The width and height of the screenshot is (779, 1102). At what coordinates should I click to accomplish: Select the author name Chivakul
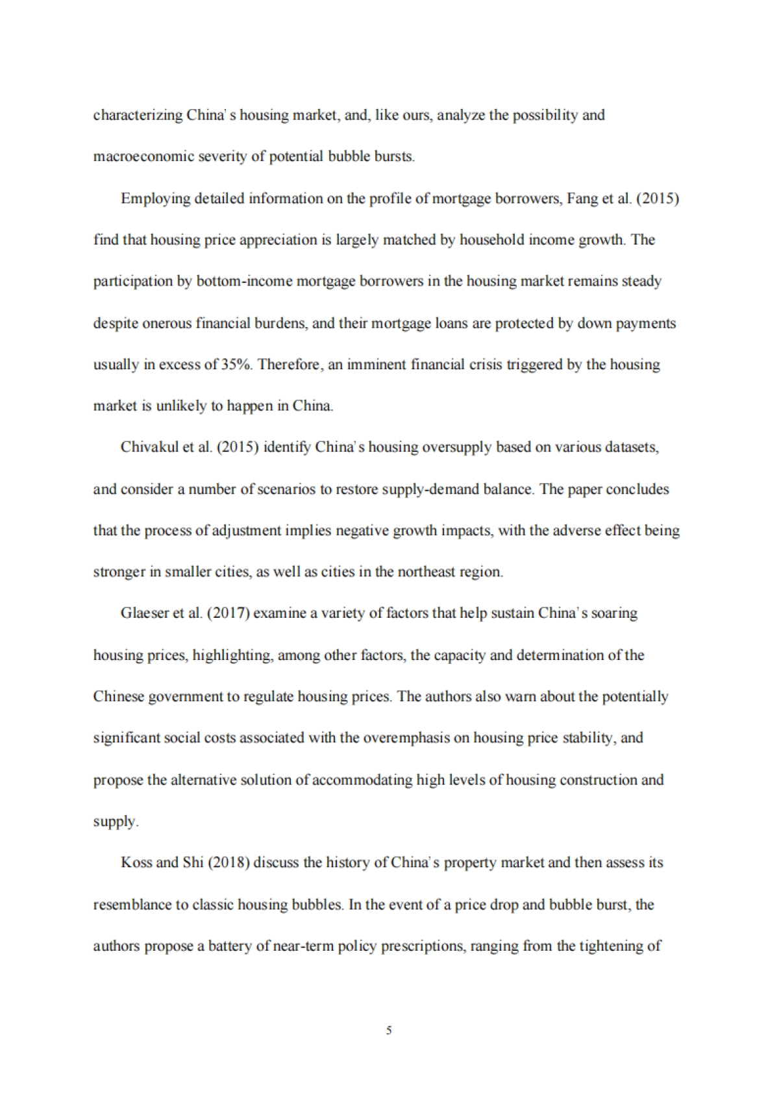(x=149, y=448)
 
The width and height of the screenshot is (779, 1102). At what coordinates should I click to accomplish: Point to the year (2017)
(x=229, y=614)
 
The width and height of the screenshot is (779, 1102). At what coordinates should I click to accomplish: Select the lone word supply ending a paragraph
(x=114, y=822)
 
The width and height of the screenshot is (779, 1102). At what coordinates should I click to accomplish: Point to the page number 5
(x=389, y=1030)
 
